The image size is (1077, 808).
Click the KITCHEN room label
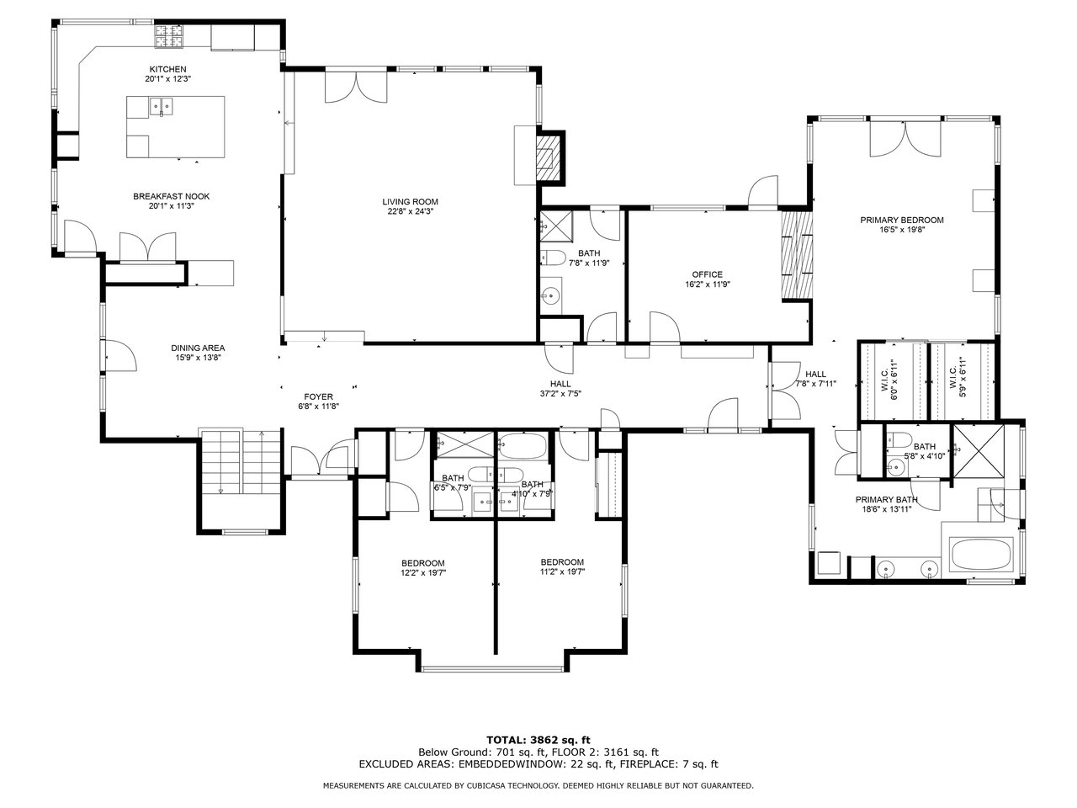(167, 69)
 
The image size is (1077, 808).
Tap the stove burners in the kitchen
(169, 36)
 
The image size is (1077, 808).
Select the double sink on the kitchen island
(162, 105)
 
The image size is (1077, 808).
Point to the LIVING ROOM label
(411, 202)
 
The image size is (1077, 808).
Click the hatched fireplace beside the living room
(549, 158)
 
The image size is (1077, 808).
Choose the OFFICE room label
(707, 274)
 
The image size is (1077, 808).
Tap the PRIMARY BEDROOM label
(902, 221)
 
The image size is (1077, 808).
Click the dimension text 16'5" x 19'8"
(902, 230)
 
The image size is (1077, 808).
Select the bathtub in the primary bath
(981, 555)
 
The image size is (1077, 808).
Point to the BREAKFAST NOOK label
(172, 196)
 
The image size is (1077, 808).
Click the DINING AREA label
(198, 348)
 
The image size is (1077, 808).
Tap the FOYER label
(318, 397)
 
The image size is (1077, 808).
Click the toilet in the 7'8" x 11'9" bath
(553, 258)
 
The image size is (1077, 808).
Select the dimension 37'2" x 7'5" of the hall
(560, 393)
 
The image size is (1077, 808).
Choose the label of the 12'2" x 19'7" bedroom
(423, 563)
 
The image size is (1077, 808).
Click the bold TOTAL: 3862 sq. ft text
(538, 741)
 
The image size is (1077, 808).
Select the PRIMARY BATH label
(887, 499)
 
